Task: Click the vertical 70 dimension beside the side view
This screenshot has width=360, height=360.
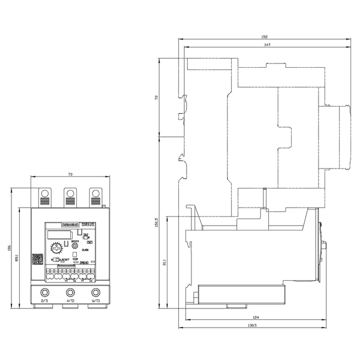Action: [x=156, y=97]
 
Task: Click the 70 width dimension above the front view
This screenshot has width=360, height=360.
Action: [x=70, y=174]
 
